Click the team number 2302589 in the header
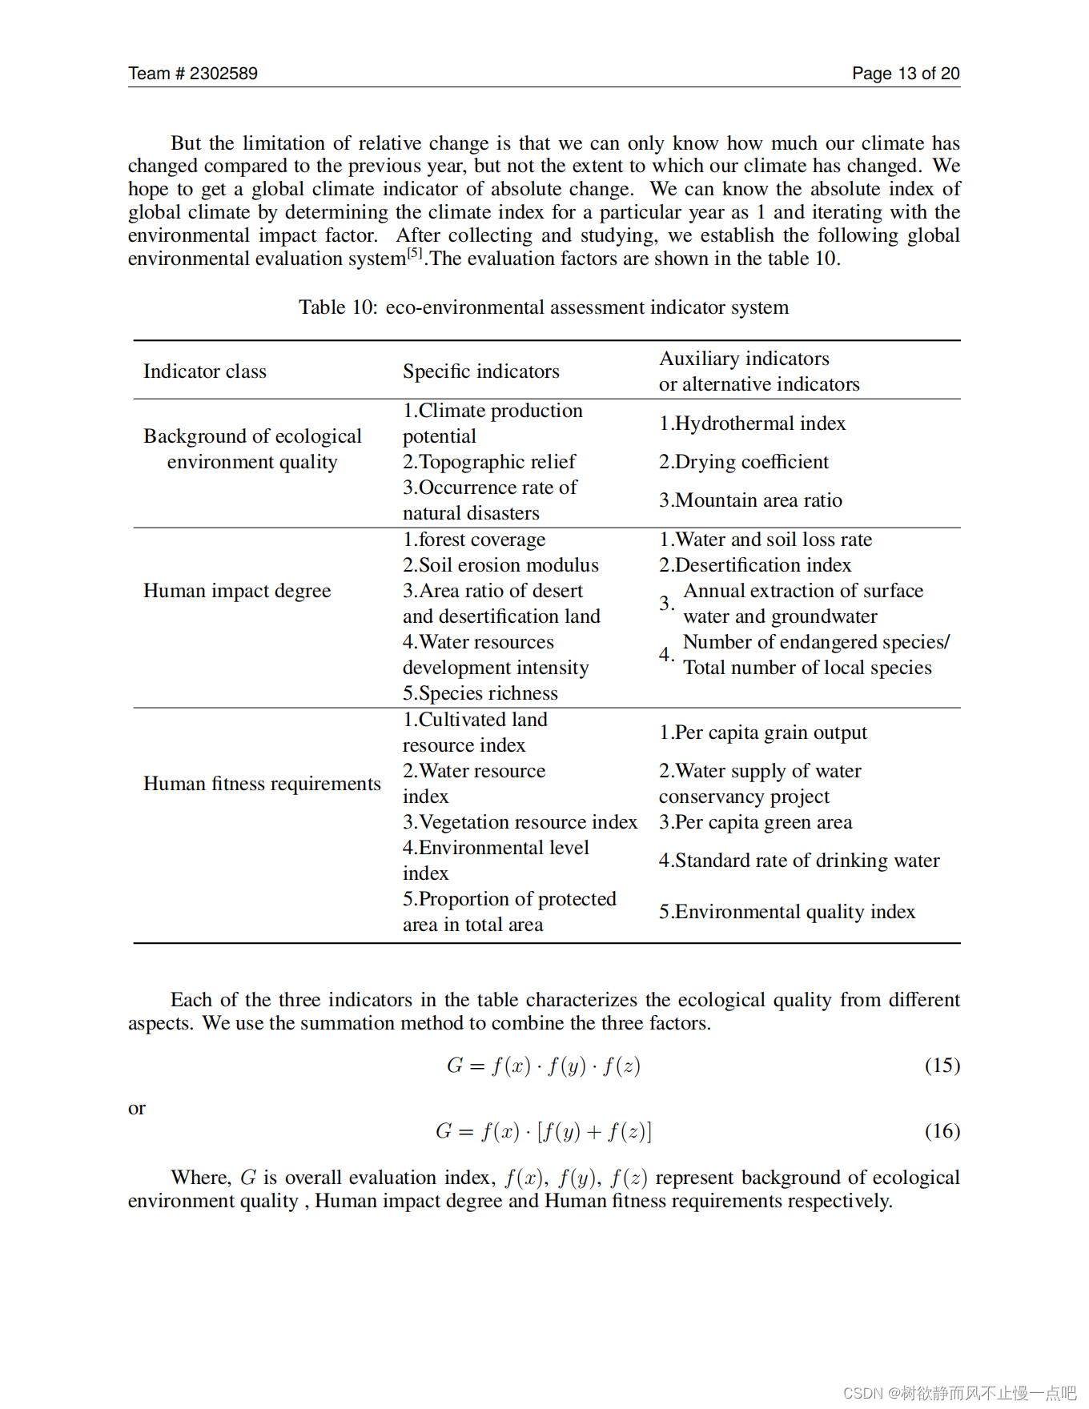(x=223, y=74)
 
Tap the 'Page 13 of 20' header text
(x=905, y=74)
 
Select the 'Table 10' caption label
(x=337, y=307)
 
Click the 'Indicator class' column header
(x=205, y=371)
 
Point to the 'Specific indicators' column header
(x=480, y=371)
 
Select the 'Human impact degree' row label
(x=237, y=591)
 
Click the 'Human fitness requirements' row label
(x=262, y=784)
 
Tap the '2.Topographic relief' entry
(x=488, y=462)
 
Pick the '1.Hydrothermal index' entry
(x=752, y=424)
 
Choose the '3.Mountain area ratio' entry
(x=750, y=500)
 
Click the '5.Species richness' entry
(x=480, y=693)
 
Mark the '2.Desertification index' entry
(x=754, y=565)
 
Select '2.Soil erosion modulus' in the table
(x=500, y=565)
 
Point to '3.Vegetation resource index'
(x=520, y=822)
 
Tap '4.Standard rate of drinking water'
(x=798, y=861)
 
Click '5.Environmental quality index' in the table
(x=786, y=912)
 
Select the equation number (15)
(x=942, y=1066)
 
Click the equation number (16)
(x=942, y=1131)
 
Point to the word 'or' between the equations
(x=137, y=1109)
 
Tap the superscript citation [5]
(x=414, y=253)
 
